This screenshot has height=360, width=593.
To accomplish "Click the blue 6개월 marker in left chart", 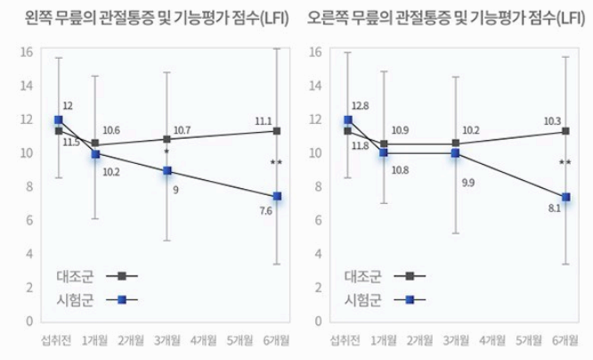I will point(277,196).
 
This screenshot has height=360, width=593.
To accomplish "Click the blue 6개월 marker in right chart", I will point(565,197).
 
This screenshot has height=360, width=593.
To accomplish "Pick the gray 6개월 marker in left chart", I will point(277,131).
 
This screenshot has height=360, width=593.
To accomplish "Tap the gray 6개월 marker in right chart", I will point(565,131).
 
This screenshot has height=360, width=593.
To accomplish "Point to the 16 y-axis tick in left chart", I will point(27,52).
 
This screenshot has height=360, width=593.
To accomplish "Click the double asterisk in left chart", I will point(276,163).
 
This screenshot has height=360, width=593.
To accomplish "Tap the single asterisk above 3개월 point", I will point(167,153).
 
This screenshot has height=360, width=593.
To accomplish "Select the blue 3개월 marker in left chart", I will point(167,170).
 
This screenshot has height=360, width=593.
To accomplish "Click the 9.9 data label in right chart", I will point(468,183).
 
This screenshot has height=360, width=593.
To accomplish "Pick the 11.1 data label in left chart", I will point(263,120).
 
